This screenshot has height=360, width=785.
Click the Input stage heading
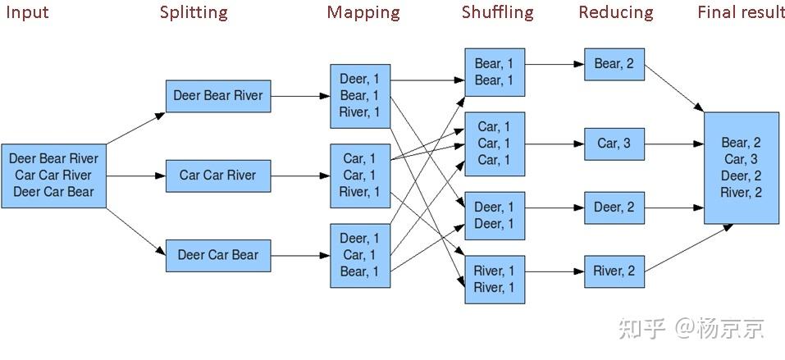tap(27, 12)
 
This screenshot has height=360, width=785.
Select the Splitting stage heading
tap(194, 12)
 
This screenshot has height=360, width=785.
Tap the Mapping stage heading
tap(363, 12)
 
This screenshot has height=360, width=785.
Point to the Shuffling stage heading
tap(497, 12)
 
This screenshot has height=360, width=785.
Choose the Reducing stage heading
tap(615, 12)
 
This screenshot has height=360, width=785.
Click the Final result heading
tap(741, 12)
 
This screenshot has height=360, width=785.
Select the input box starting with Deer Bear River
tap(53, 175)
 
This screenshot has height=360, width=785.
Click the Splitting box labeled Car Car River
tap(217, 175)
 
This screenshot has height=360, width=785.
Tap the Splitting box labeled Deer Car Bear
tap(217, 255)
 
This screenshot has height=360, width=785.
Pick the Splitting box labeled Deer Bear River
tap(217, 96)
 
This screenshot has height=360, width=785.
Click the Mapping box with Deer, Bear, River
tap(360, 96)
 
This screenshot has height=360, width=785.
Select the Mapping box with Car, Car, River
tap(360, 175)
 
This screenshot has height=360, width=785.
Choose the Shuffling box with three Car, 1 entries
tap(494, 144)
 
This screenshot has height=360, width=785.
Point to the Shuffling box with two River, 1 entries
tap(494, 279)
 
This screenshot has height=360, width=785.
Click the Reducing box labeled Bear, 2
tap(614, 64)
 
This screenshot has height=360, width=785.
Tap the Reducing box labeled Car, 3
tap(614, 144)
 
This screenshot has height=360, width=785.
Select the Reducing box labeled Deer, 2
tap(614, 207)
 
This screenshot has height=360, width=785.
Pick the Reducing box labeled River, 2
tap(614, 271)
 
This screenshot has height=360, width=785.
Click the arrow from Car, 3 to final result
tap(673, 144)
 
